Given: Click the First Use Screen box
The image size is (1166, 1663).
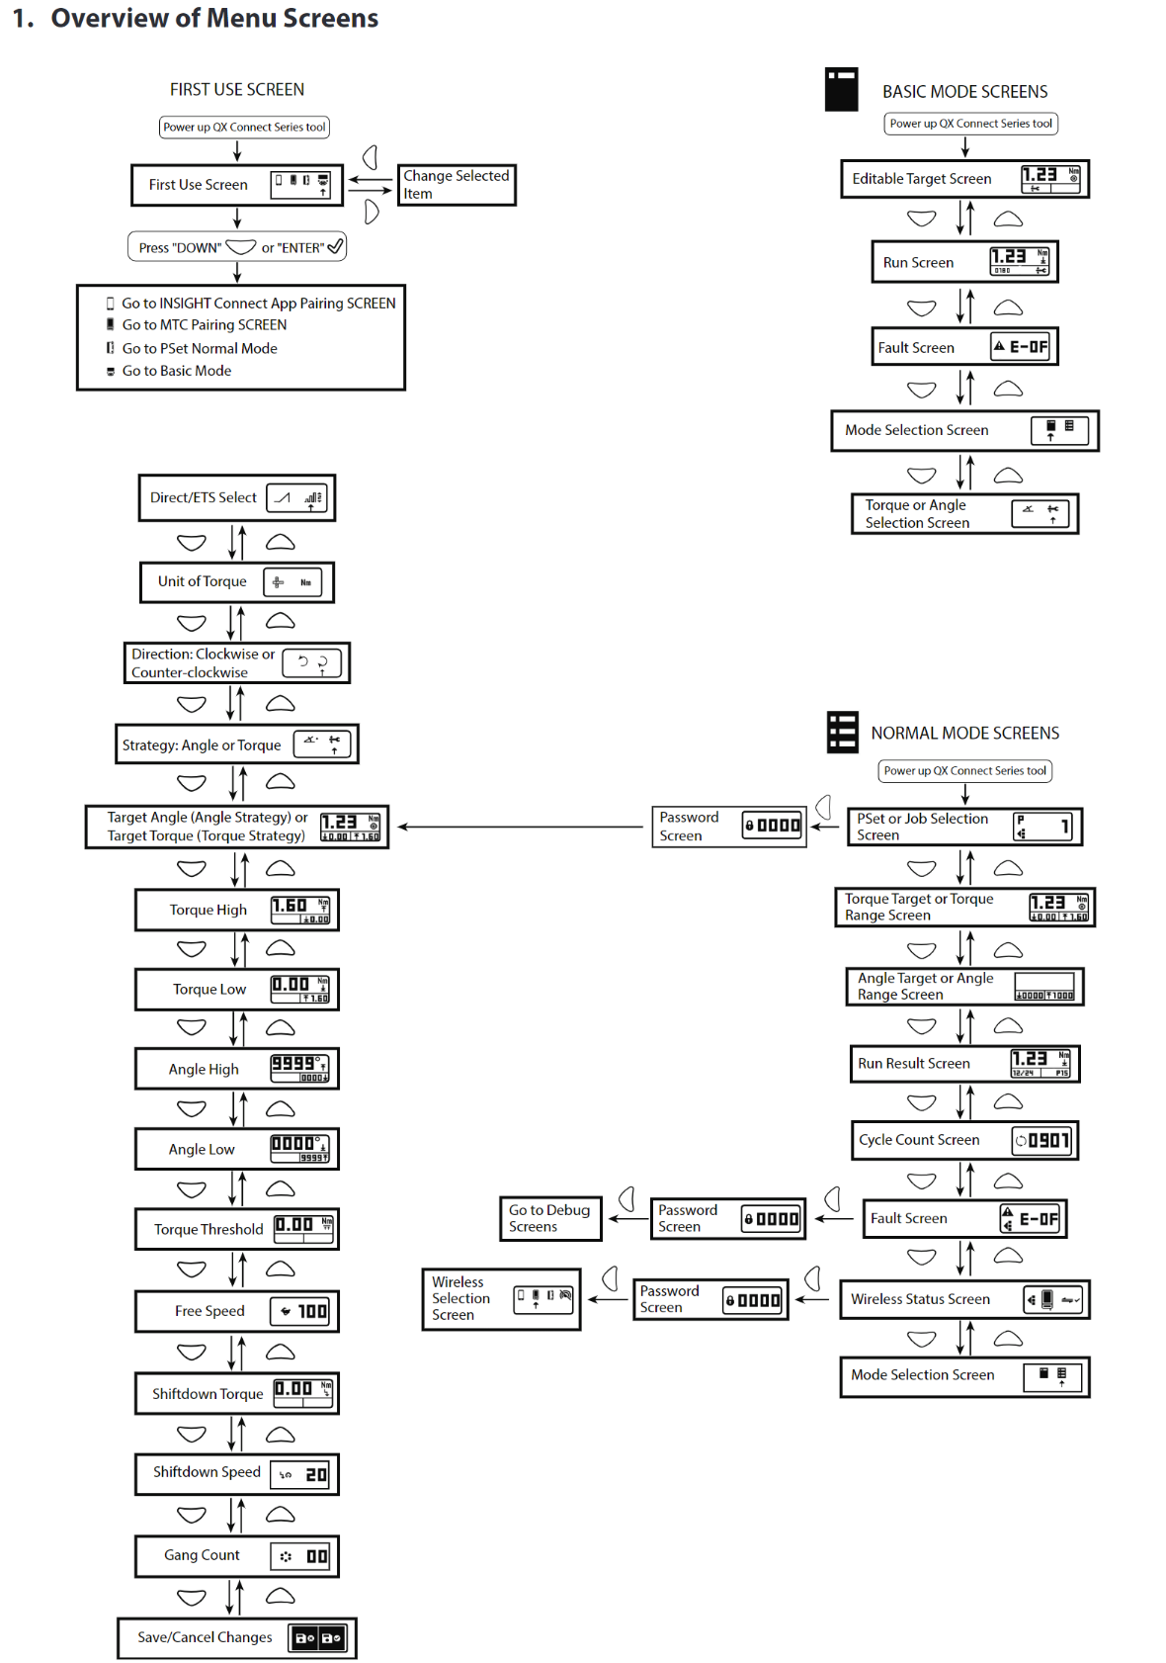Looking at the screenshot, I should [236, 185].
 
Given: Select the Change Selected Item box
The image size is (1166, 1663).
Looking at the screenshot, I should [456, 185].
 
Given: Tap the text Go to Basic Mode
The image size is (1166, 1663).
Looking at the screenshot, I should [176, 371].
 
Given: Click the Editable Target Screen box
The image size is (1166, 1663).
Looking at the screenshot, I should [963, 179].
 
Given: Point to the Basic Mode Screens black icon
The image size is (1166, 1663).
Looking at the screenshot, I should [841, 89].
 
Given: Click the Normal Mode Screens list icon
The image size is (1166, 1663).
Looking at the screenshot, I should [842, 733].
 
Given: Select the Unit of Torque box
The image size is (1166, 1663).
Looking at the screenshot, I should [236, 582].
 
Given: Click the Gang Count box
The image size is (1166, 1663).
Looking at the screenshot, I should [236, 1556].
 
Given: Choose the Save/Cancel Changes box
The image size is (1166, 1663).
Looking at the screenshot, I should [236, 1638].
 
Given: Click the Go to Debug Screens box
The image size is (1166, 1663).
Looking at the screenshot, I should [549, 1218].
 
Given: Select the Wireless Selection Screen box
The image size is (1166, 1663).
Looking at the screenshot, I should [501, 1299].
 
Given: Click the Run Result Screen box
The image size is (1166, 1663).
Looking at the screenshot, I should [963, 1064].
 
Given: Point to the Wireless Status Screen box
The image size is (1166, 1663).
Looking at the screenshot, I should [963, 1299].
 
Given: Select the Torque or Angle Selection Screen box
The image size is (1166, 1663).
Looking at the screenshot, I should [963, 514].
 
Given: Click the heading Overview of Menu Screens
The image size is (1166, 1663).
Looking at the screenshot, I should [214, 19].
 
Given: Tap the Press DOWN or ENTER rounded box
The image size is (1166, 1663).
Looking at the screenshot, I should [236, 247].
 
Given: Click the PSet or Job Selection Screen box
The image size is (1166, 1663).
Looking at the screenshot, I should [963, 827].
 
